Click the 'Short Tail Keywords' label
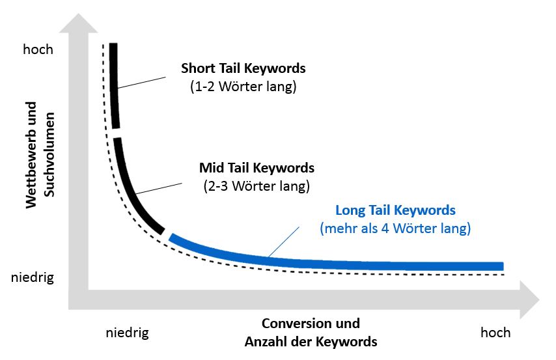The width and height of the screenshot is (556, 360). coord(243,68)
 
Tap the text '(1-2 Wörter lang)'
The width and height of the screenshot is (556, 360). coord(243,86)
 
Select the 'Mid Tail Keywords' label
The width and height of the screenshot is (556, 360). coord(257,168)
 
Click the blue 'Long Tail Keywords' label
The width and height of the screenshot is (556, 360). coord(395,211)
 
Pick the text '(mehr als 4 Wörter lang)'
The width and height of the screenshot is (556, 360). coord(395,228)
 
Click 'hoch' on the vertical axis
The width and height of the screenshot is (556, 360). coord(38,49)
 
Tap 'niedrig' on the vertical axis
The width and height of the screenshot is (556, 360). coord(33,278)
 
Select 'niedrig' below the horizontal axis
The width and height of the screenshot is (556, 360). coord(127,333)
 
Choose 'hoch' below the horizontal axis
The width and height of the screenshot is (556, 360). coord(495,333)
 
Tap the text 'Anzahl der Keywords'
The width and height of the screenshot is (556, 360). coord(311,341)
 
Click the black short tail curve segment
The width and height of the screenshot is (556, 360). coord(115,85)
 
